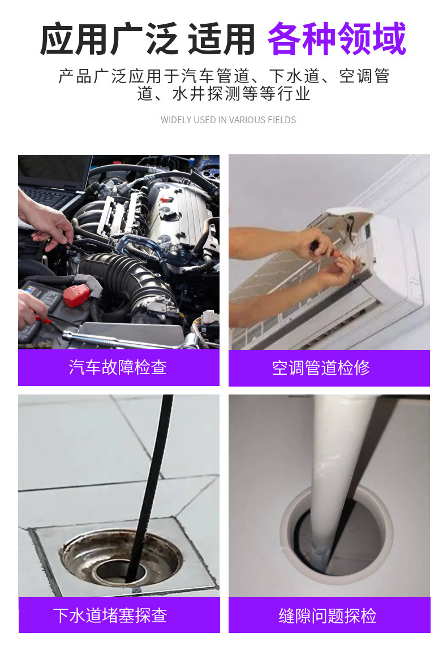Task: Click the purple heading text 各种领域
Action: pyautogui.click(x=337, y=39)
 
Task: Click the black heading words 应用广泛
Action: pyautogui.click(x=109, y=39)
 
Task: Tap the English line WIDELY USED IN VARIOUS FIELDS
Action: pyautogui.click(x=228, y=120)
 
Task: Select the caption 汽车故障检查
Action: pyautogui.click(x=118, y=367)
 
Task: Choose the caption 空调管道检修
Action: pyautogui.click(x=321, y=367)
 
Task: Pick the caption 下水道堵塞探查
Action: pyautogui.click(x=110, y=615)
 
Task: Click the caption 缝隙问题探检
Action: pyautogui.click(x=328, y=615)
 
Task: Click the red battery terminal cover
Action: pyautogui.click(x=76, y=296)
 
